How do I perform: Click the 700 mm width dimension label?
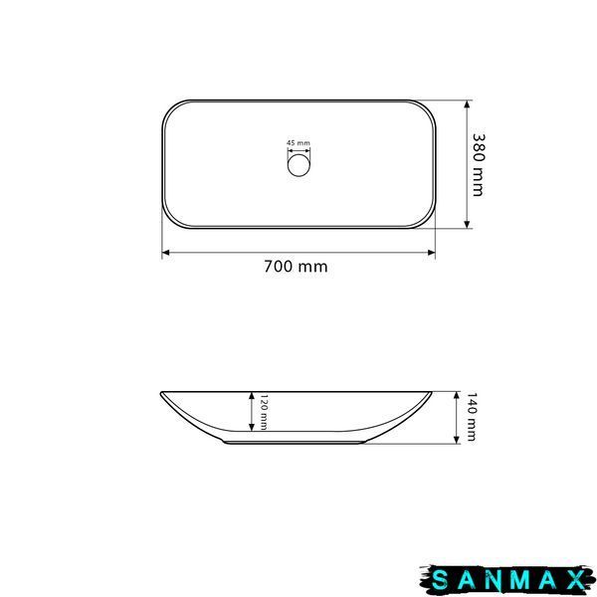(296, 267)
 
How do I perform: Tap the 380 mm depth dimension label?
(479, 165)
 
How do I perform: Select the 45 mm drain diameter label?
(298, 142)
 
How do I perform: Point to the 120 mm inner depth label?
(263, 412)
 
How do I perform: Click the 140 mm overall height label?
(472, 417)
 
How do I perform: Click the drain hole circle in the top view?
(298, 165)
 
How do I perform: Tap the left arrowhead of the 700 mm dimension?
(165, 253)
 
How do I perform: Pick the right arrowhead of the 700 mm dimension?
(432, 253)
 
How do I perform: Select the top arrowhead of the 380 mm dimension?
(467, 103)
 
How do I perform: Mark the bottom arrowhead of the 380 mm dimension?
(467, 225)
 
